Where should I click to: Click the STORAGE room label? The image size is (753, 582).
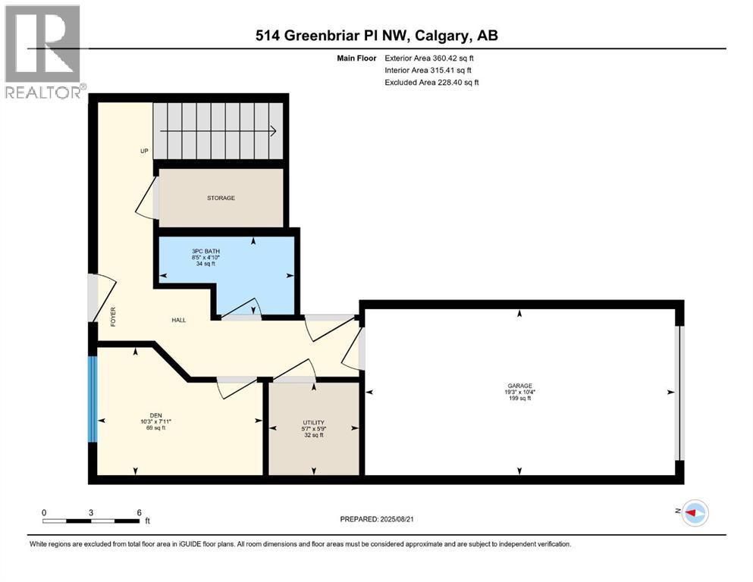pos(221,198)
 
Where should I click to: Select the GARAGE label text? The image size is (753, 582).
pos(519,385)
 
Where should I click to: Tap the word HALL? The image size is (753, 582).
pos(178,320)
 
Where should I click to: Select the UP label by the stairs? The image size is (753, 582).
pos(144,151)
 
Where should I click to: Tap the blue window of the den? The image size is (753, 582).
pos(92,399)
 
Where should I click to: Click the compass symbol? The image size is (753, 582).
pos(694,513)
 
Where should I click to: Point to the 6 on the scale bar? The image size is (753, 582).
pos(139,512)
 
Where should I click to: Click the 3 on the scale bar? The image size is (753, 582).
pos(91,512)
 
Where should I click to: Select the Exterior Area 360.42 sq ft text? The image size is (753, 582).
pos(431,58)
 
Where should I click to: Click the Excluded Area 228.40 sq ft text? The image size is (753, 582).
pos(431,82)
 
